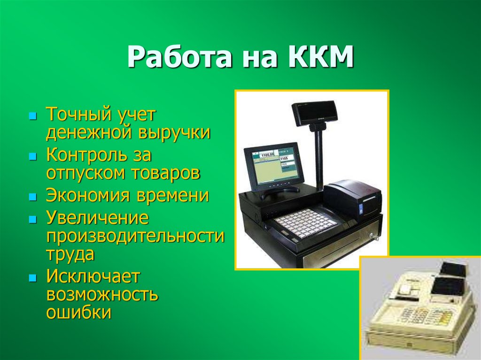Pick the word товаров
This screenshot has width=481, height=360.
[170, 173]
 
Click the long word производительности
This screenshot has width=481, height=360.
[135, 236]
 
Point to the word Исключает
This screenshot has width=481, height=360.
[93, 276]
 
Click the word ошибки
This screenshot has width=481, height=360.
[78, 312]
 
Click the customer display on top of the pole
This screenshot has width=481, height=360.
[314, 113]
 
